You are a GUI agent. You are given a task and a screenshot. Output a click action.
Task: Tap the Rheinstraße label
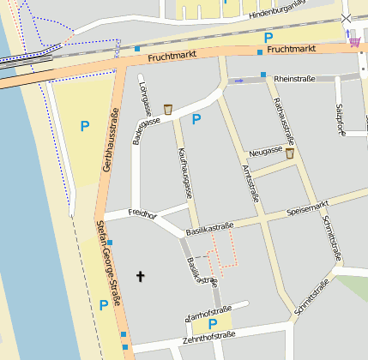click(294, 79)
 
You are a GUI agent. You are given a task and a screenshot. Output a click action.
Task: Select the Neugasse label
click(265, 151)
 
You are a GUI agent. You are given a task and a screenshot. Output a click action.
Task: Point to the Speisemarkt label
click(308, 207)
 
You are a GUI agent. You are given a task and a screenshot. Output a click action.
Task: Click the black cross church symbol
click(141, 276)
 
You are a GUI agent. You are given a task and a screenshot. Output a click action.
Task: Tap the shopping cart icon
click(355, 39)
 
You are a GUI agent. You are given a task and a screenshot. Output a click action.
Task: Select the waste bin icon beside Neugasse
click(290, 153)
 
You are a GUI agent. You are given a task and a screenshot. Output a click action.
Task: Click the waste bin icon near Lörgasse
click(168, 108)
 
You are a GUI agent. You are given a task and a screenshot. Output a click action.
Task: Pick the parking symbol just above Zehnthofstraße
click(212, 323)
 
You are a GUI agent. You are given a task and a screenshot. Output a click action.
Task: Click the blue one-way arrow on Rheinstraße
click(239, 81)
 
